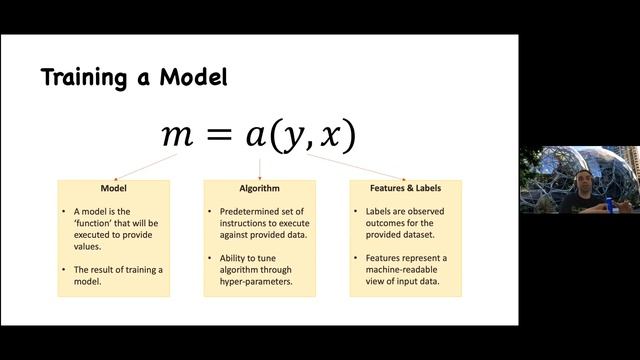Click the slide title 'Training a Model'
pos(134,78)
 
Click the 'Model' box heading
pos(113,188)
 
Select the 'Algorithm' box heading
pos(260,188)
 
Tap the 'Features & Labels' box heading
pos(405,188)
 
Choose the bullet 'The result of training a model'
pos(117,277)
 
